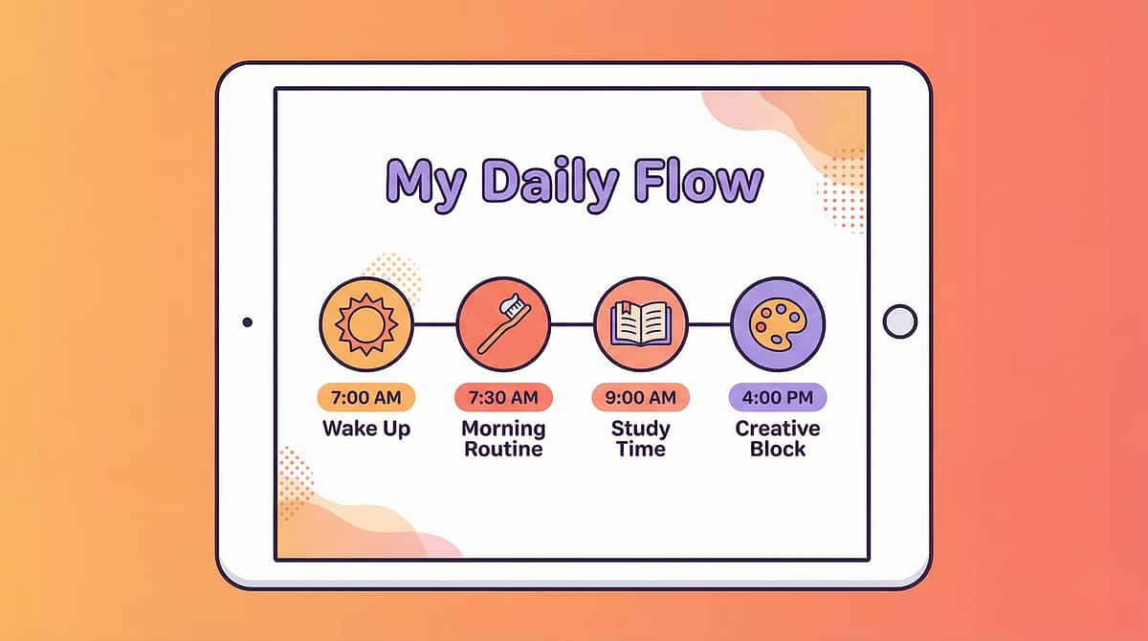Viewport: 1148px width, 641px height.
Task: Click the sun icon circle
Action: (x=366, y=323)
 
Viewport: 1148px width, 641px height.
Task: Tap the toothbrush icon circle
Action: (x=503, y=323)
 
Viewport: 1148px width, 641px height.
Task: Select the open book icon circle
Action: (x=641, y=323)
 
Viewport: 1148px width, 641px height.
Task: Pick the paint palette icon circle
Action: (x=778, y=323)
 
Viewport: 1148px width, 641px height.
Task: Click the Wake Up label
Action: (x=366, y=428)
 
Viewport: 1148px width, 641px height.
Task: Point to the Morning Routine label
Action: (x=503, y=438)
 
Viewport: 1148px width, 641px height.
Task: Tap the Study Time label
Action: (x=641, y=438)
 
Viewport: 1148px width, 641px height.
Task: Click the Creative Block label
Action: (x=778, y=438)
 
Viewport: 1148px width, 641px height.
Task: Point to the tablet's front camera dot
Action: (x=248, y=322)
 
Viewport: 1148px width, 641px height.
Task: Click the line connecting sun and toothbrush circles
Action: (x=435, y=323)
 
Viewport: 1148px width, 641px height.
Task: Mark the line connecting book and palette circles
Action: (x=709, y=323)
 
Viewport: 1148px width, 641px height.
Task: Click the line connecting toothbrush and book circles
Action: (x=572, y=323)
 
